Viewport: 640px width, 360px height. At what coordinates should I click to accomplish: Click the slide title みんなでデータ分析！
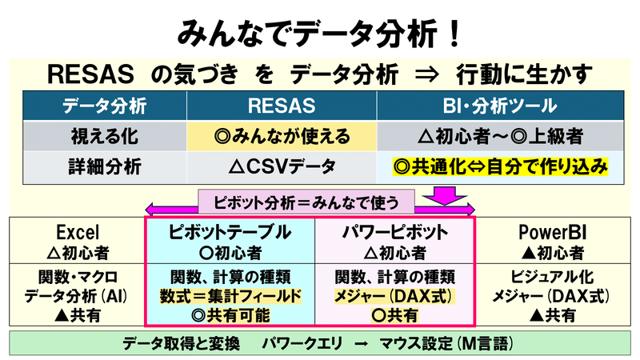coord(319,34)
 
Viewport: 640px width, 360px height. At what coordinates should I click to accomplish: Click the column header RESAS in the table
coord(282,106)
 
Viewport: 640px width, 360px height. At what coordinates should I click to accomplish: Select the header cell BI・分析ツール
coord(500,106)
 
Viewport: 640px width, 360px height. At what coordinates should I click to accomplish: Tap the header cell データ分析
coord(105,106)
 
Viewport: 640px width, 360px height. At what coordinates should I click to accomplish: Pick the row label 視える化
coord(105,136)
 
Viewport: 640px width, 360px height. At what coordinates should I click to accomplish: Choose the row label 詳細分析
coord(105,167)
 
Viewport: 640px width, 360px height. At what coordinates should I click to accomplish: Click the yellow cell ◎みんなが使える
coord(282,136)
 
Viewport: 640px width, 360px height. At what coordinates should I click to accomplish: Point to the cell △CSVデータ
coord(282,167)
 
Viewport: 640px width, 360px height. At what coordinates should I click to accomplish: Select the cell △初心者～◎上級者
coord(500,136)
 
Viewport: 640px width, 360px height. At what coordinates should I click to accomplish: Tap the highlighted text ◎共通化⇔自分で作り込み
coord(500,166)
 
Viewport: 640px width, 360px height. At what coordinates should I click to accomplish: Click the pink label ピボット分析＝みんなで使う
coord(306,202)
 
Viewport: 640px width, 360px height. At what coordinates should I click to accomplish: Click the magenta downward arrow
coord(445,196)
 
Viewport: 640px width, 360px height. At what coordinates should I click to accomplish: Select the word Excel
coord(78,233)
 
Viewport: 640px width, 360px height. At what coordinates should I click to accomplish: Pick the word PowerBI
coord(553,233)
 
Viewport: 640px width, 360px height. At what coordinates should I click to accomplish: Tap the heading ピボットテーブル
coord(230,232)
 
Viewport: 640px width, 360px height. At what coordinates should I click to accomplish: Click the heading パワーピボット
coord(394,232)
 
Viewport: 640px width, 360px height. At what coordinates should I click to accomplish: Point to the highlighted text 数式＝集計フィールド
coord(230,296)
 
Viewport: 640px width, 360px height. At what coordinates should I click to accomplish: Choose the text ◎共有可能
coord(230,315)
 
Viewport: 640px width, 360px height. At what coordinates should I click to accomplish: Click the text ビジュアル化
coord(552,277)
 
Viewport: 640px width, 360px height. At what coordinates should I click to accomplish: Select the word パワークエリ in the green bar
coord(302,344)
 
